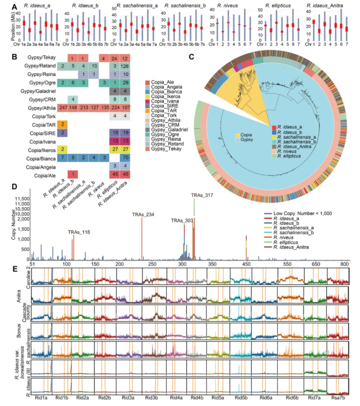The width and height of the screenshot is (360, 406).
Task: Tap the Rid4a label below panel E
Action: [x=175, y=399]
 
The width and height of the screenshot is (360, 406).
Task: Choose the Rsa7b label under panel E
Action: [x=337, y=399]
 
